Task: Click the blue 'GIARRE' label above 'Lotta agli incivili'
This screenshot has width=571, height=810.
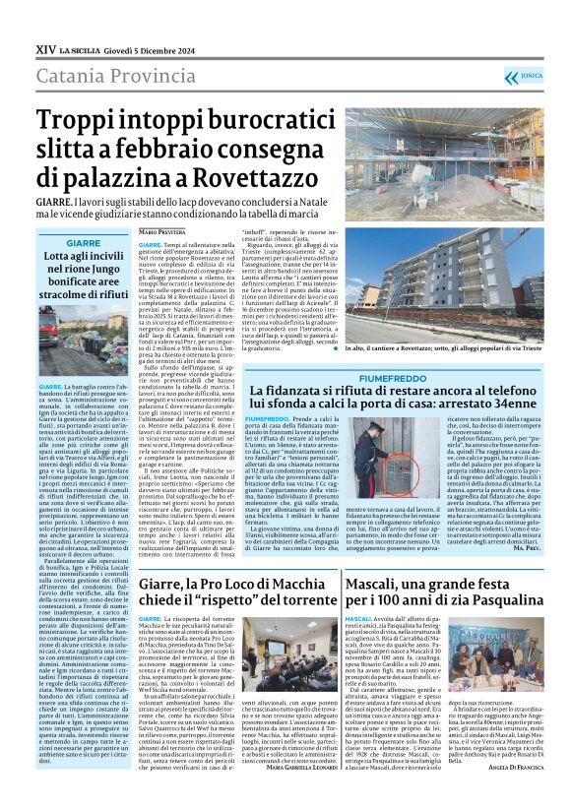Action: coord(83,241)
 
